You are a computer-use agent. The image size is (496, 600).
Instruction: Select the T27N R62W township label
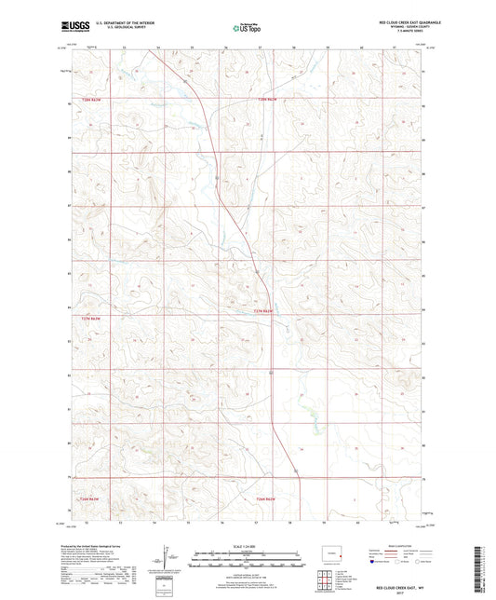tap(264, 311)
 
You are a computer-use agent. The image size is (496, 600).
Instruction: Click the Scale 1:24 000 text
tap(248, 545)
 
